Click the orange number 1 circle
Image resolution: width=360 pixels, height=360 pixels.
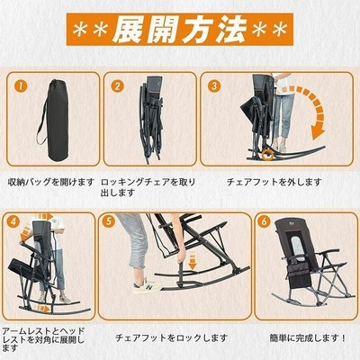pyautogui.click(x=21, y=86)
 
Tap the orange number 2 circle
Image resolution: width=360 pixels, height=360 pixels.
pyautogui.click(x=117, y=86)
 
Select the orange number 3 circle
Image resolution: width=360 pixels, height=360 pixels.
pyautogui.click(x=214, y=86)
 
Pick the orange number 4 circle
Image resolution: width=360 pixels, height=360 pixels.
pyautogui.click(x=14, y=222)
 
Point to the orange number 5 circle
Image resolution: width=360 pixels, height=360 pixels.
pyautogui.click(x=109, y=221)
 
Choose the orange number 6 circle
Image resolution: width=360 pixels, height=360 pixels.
pyautogui.click(x=264, y=221)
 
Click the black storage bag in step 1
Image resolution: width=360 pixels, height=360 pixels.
pyautogui.click(x=54, y=120)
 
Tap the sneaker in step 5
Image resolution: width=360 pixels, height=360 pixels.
pyautogui.click(x=147, y=286)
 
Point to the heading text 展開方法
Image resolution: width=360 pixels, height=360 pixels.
pyautogui.click(x=180, y=30)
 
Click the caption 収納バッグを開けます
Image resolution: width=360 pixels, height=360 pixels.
pyautogui.click(x=51, y=182)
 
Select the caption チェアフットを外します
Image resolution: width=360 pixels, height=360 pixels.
pyautogui.click(x=274, y=182)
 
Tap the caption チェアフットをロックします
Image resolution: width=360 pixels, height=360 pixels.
pyautogui.click(x=172, y=338)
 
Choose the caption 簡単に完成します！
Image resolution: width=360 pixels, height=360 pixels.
pyautogui.click(x=308, y=338)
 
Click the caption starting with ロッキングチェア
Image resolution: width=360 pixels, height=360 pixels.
pyautogui.click(x=148, y=187)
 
